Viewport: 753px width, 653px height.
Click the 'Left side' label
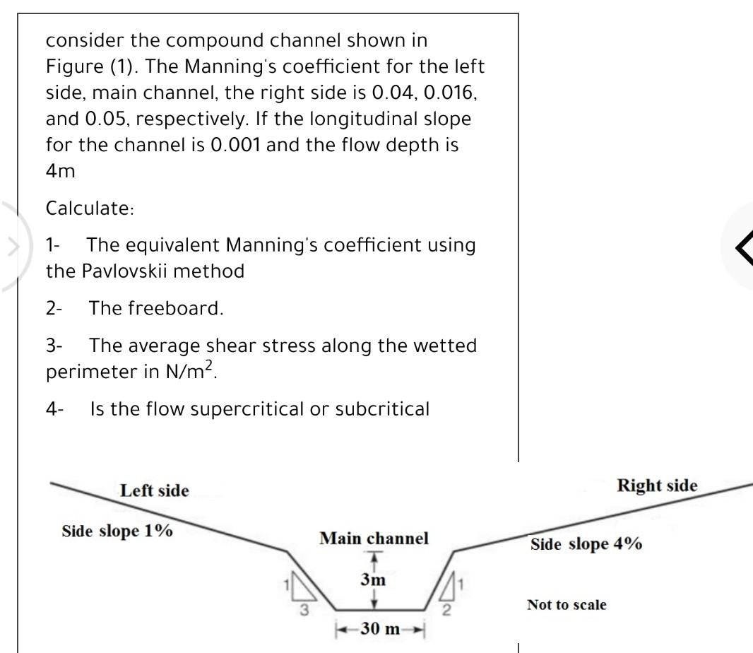click(x=155, y=490)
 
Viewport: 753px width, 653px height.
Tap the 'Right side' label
click(x=657, y=486)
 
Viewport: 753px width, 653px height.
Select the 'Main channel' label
click(x=374, y=539)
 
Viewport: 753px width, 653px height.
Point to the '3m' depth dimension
click(x=374, y=580)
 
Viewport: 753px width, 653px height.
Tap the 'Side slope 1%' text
click(x=117, y=531)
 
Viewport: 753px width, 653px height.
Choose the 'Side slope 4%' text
click(x=586, y=544)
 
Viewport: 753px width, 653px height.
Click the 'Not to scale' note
click(x=567, y=605)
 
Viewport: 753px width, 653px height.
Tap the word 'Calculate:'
click(x=90, y=209)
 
